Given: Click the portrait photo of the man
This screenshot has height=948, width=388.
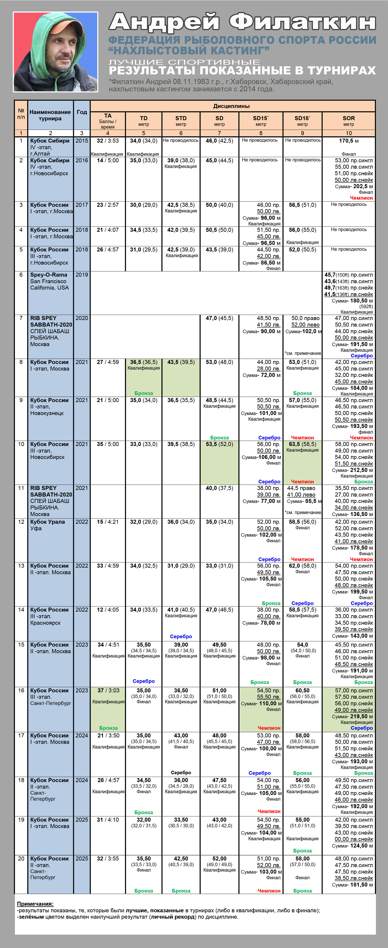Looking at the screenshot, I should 56,52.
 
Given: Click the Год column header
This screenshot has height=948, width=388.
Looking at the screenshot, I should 82,112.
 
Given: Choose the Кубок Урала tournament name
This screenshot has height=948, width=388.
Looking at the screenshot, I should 47,522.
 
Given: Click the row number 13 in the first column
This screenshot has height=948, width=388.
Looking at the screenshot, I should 21,566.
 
